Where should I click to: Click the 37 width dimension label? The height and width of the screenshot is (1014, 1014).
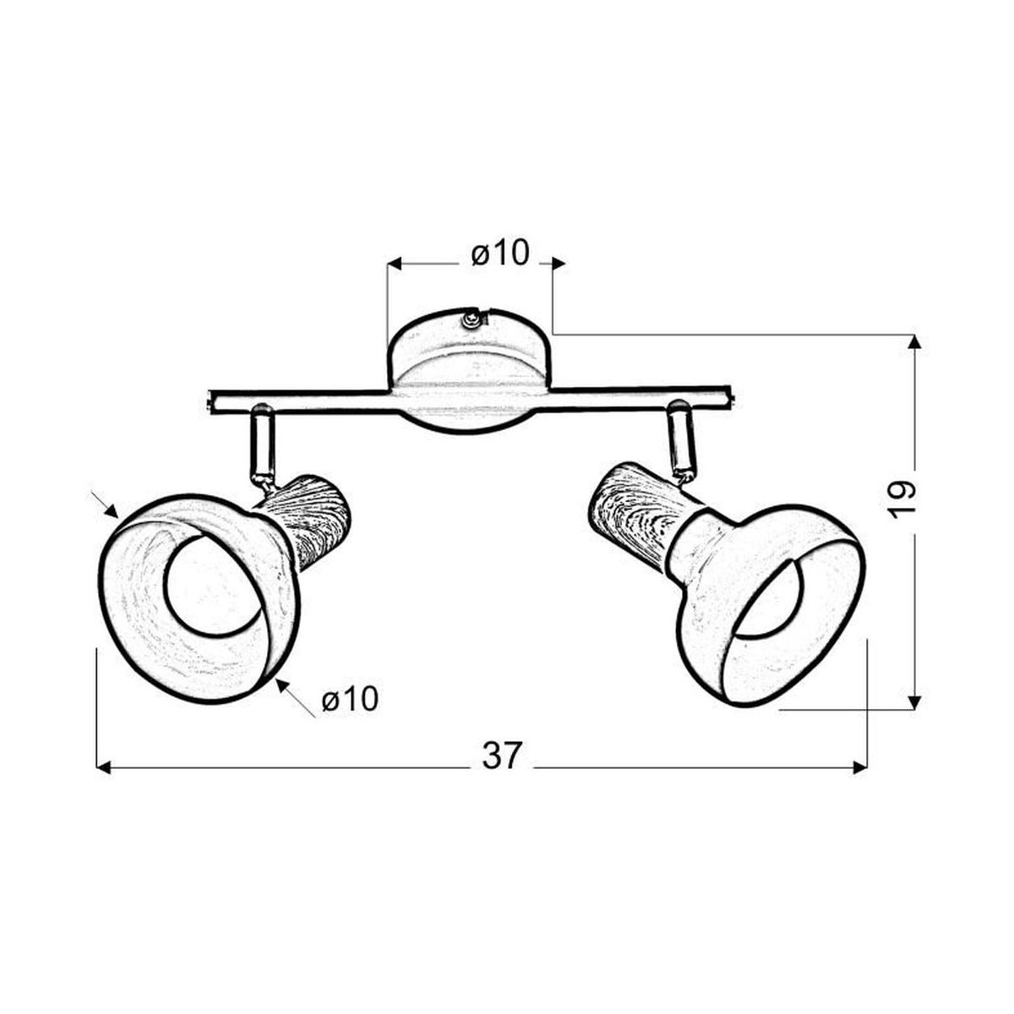(x=500, y=756)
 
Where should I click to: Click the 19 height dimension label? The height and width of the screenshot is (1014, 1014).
(x=902, y=500)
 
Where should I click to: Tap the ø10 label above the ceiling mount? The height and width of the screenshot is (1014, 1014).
(x=500, y=254)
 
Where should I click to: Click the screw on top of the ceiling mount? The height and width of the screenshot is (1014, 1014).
(x=471, y=319)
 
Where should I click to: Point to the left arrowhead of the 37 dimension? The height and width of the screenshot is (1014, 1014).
(x=104, y=768)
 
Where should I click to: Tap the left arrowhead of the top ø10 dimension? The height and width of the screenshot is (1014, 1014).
(x=395, y=263)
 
